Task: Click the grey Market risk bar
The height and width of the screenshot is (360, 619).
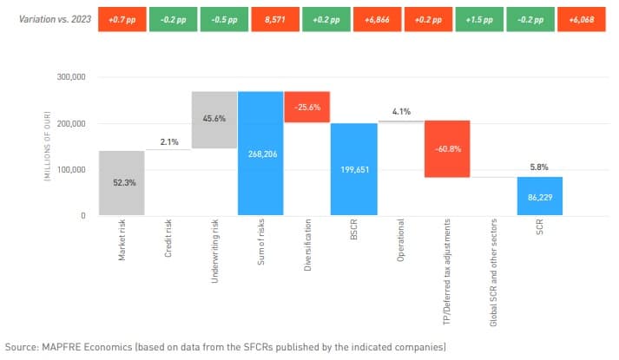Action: click(122, 183)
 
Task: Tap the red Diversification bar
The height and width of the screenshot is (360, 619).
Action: click(306, 107)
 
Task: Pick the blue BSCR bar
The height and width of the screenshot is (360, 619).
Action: click(353, 169)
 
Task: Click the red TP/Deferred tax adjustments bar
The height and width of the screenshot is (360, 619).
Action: click(447, 148)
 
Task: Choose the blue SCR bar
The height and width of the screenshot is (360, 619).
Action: click(539, 196)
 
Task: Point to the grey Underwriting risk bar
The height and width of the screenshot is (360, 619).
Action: click(214, 120)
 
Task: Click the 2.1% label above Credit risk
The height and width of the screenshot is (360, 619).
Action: click(168, 141)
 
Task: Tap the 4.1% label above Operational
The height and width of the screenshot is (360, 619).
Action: click(400, 112)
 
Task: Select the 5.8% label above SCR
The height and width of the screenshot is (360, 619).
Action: click(539, 167)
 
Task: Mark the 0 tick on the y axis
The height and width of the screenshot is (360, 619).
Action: click(82, 216)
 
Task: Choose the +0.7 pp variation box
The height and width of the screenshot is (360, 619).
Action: click(126, 18)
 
